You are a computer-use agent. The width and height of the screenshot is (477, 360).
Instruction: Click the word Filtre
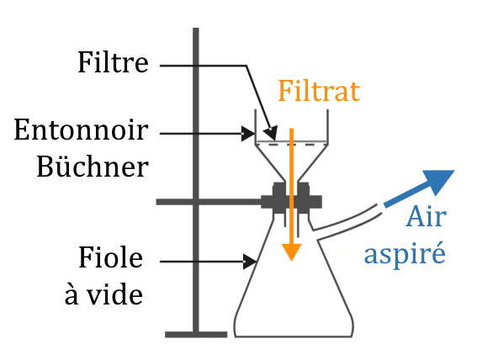(114, 62)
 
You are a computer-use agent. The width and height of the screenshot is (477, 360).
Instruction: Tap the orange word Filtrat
(319, 91)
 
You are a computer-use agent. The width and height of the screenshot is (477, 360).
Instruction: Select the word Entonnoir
(82, 130)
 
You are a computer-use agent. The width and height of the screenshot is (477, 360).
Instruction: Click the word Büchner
(93, 167)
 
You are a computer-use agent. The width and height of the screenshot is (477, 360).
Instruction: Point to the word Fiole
(110, 257)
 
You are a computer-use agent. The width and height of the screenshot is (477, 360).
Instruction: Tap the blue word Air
(426, 216)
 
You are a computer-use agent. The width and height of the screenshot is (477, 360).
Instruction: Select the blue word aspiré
(405, 253)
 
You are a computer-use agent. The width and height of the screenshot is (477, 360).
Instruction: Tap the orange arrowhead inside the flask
(291, 251)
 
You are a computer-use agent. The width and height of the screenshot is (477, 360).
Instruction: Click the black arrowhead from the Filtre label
(271, 133)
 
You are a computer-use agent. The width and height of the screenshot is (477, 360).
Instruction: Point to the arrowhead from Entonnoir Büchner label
(248, 134)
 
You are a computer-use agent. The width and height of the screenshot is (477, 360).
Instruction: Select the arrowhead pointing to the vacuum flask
(250, 262)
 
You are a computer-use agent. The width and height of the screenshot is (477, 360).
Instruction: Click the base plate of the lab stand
(196, 335)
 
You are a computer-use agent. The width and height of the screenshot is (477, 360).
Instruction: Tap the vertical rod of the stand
(196, 181)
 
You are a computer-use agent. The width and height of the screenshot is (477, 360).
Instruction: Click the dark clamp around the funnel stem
(291, 199)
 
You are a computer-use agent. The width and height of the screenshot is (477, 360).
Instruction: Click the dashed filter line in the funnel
(291, 145)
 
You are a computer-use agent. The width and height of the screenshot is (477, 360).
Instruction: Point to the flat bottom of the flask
(294, 336)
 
